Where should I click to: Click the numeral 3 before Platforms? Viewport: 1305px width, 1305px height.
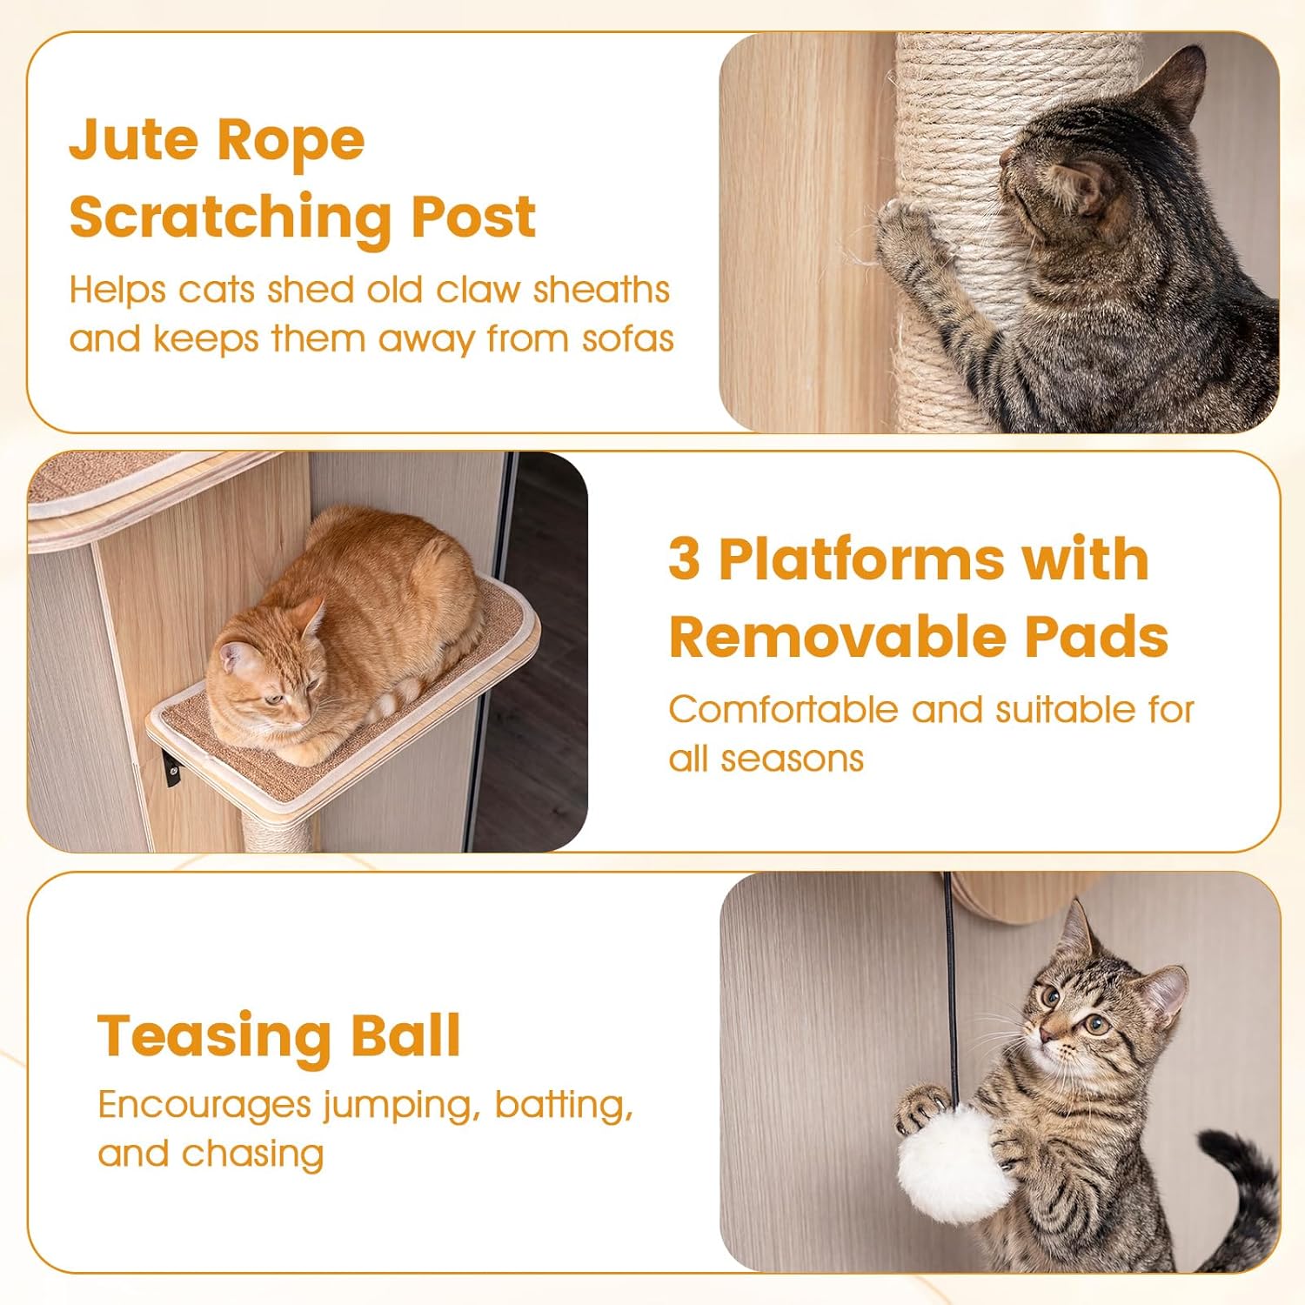click(684, 559)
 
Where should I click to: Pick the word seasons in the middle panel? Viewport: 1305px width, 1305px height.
click(792, 759)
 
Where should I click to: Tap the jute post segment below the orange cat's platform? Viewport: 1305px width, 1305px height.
click(277, 831)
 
